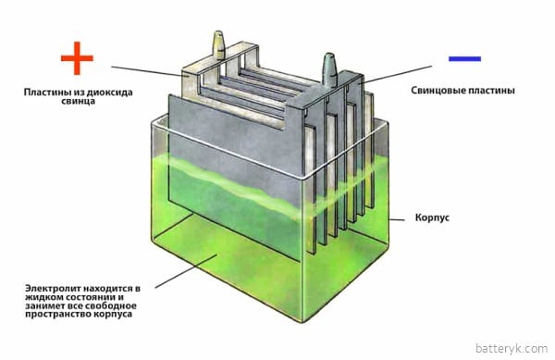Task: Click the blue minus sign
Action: point(463,58)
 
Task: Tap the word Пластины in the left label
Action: point(53,93)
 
